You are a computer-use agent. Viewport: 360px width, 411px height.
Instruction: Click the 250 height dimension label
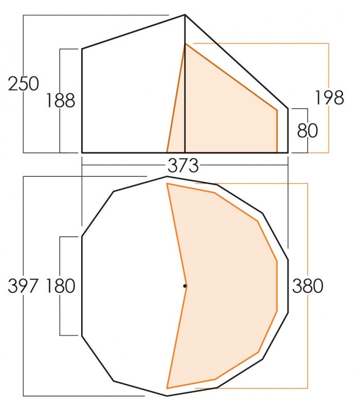24,84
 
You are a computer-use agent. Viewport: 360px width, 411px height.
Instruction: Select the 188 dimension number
60,101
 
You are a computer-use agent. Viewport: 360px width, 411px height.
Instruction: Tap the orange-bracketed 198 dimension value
329,97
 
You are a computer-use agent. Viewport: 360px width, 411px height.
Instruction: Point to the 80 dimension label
308,130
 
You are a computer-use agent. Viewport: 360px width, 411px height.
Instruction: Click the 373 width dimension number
183,165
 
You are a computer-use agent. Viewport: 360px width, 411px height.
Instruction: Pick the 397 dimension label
24,286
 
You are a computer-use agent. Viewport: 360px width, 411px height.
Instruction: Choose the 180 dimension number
60,286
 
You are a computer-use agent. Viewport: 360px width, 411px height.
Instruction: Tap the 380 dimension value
308,286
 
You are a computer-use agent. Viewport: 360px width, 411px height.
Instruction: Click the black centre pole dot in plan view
185,286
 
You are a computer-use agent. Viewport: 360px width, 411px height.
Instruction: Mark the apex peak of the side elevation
185,15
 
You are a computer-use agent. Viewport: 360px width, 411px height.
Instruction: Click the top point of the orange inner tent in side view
185,44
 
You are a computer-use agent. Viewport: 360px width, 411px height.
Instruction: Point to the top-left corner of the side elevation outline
82,49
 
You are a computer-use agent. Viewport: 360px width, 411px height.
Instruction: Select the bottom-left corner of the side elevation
82,153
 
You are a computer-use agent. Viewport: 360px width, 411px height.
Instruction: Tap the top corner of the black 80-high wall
287,109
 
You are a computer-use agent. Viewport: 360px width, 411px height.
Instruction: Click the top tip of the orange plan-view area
167,183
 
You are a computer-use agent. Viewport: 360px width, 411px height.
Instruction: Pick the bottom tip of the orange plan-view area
167,388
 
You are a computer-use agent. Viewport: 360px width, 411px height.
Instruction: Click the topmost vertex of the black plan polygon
167,176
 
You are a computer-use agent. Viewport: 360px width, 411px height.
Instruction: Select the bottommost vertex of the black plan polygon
167,396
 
